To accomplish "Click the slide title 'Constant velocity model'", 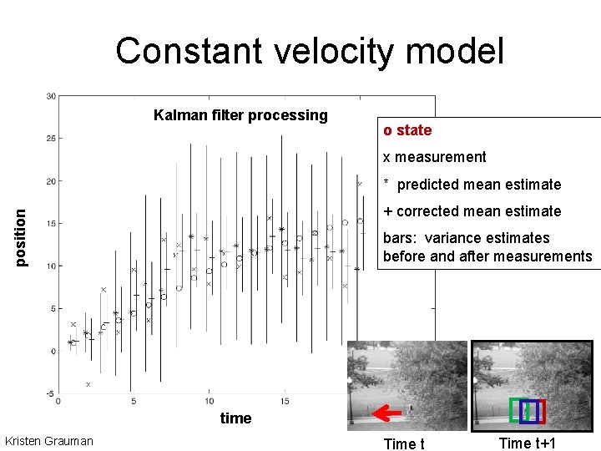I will point(310,51).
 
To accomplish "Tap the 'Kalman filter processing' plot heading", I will point(240,115).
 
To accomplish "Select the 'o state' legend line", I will point(407,130).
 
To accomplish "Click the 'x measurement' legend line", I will point(434,157).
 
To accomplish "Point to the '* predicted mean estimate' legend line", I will point(472,185).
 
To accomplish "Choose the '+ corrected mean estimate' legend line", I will point(472,211).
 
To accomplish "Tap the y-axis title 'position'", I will point(23,238).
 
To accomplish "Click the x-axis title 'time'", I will point(235,418).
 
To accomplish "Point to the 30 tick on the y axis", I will point(50,96).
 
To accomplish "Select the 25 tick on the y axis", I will point(50,139).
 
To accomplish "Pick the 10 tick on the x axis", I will point(209,402).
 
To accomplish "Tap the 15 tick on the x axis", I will point(284,402).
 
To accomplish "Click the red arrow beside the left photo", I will point(386,412).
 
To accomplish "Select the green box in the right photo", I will point(518,410).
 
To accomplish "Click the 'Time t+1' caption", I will point(528,443).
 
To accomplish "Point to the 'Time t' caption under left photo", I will point(404,443).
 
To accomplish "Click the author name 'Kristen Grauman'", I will point(49,440).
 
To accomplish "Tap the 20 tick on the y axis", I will point(50,181).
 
